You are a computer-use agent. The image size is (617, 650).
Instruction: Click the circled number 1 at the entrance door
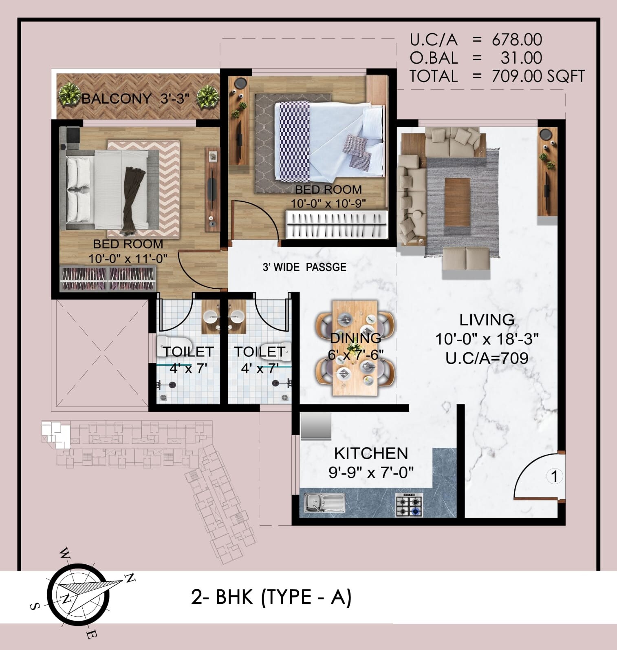click(554, 476)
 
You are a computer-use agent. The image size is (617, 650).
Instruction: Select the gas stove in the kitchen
click(409, 505)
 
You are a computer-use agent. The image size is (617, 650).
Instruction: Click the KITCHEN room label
click(371, 453)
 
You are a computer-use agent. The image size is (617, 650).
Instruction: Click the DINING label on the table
click(355, 338)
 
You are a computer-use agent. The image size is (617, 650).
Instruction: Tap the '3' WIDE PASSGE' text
click(304, 268)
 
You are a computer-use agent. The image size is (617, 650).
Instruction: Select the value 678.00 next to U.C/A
click(517, 40)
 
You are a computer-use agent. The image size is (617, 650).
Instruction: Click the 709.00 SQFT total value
click(538, 76)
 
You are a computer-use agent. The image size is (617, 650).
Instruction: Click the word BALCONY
click(117, 99)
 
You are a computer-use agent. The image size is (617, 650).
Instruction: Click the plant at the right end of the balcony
click(208, 96)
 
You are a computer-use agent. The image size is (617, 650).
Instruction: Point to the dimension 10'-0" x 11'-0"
click(128, 259)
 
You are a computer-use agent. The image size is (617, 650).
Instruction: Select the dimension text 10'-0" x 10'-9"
click(328, 203)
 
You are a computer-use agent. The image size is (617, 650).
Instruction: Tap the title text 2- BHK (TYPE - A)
click(271, 597)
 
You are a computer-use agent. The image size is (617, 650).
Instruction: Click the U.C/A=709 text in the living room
click(487, 358)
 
